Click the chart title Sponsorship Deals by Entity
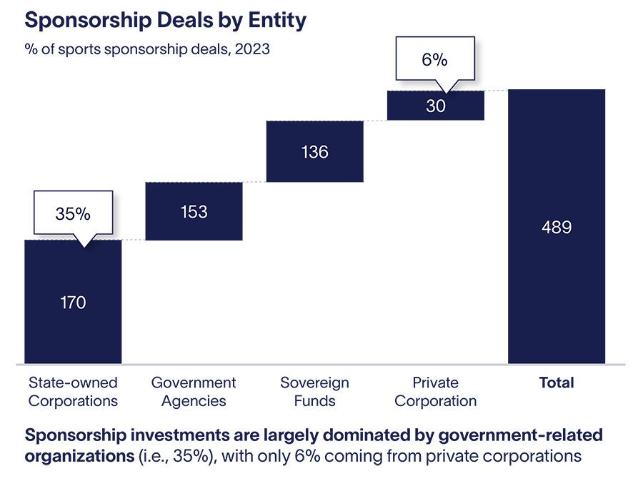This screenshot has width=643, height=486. (x=165, y=20)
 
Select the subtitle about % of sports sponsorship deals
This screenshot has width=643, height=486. (x=147, y=51)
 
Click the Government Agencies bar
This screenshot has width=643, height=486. (x=194, y=228)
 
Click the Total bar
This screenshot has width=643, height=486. (x=556, y=285)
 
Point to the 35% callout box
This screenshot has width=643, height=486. (x=74, y=213)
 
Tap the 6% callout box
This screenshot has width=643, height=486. (x=434, y=60)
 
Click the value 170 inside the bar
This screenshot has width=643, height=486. (x=73, y=303)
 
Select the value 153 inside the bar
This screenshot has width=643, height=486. (x=194, y=212)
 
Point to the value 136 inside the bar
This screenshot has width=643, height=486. (x=314, y=152)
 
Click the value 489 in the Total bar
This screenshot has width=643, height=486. (x=556, y=228)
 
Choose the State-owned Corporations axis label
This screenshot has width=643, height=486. (x=73, y=392)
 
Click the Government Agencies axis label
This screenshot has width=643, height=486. (x=194, y=392)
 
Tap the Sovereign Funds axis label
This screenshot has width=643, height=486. (x=314, y=392)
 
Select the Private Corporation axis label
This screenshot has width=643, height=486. (x=435, y=392)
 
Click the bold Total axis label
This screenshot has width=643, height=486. (x=556, y=383)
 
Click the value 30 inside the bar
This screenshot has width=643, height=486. (x=435, y=106)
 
